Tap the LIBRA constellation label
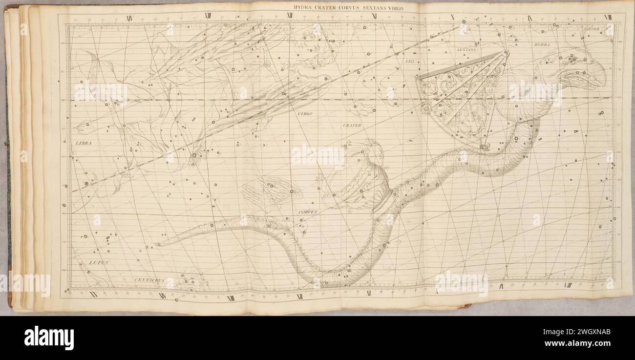84,143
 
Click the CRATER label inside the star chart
352,126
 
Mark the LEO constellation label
409,62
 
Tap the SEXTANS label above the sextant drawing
466,50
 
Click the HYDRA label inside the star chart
542,45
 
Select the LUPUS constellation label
99,263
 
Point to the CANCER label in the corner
592,29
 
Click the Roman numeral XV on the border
93,295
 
